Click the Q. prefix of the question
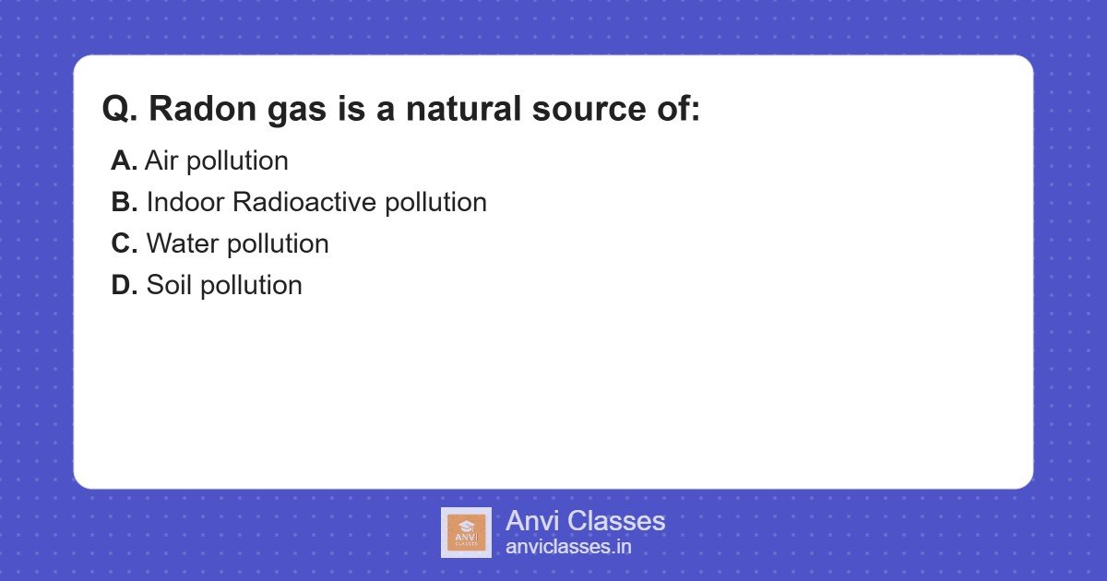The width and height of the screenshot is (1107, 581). pos(121,110)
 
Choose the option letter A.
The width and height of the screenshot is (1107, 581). pos(124,160)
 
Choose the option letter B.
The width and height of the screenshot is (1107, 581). pos(124,202)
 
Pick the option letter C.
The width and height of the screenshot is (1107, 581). pos(124,243)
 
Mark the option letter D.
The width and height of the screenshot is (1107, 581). pos(124,285)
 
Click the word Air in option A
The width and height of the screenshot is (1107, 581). pos(161,160)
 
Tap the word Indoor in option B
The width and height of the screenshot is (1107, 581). pos(185,202)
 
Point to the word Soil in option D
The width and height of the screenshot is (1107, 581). pos(169,285)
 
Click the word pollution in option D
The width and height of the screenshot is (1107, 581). pos(251,285)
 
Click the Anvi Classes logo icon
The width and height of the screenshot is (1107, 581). pos(466,532)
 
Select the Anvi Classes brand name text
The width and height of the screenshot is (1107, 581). pos(585,521)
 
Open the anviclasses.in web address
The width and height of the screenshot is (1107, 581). pos(568,547)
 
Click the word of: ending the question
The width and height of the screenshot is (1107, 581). pos(677,110)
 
